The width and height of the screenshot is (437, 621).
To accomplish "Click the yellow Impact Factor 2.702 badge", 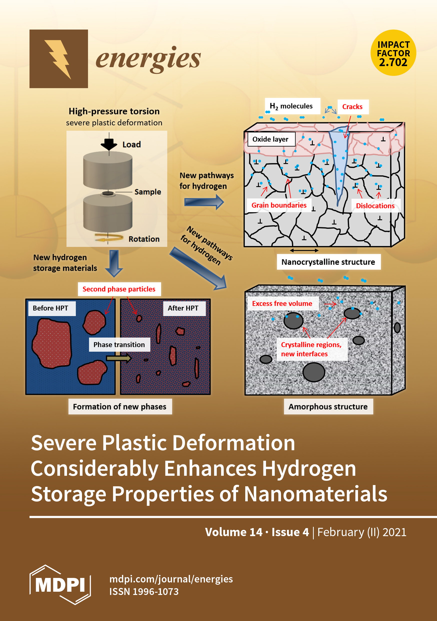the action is (393, 53).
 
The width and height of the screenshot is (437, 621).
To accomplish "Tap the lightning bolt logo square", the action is (58, 59).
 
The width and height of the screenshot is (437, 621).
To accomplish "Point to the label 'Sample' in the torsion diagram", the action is (147, 192).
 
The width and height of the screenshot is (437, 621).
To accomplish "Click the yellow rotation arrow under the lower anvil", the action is (109, 238).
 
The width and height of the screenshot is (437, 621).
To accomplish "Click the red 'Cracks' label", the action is (352, 107).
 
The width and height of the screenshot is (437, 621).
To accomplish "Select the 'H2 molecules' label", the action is (292, 106).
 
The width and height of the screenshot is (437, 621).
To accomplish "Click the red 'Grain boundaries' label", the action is (279, 205).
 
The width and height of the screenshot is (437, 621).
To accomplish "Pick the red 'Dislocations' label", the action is (375, 206).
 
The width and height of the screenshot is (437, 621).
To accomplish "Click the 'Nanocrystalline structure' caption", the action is (328, 262).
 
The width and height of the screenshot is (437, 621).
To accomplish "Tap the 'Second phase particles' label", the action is (119, 289).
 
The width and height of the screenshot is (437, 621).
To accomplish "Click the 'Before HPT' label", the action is (51, 308).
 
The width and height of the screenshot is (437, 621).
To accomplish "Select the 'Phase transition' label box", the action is (119, 345).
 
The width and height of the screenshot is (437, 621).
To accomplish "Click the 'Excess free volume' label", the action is (282, 303).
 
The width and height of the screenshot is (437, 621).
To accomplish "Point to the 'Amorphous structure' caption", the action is (328, 406).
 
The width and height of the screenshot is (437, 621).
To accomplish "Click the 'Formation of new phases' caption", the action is (120, 406).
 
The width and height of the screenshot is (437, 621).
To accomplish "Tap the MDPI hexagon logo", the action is (60, 585).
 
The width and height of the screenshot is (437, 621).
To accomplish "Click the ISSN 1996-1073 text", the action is (144, 591).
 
